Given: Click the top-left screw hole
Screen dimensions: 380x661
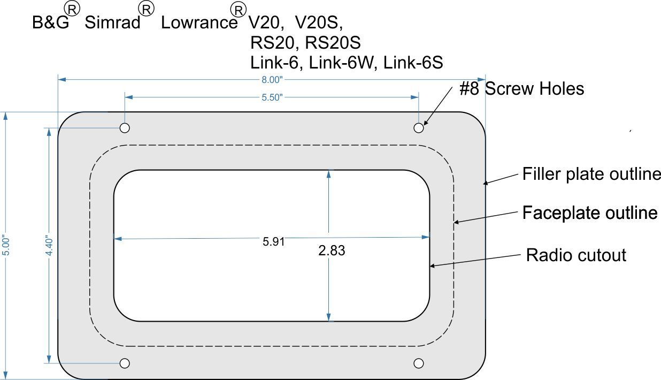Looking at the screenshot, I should (x=125, y=128).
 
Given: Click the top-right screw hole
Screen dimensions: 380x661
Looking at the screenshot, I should (x=419, y=128).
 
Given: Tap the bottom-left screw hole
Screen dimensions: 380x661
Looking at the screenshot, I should (x=125, y=363).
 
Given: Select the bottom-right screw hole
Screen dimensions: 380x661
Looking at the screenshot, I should (x=419, y=363).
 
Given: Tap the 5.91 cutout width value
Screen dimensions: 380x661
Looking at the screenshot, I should (x=273, y=241).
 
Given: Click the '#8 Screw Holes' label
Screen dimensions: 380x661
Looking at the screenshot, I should (x=521, y=88).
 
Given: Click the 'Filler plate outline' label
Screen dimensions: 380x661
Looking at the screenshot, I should (x=591, y=174).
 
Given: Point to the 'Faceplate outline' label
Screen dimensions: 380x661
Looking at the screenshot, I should (x=589, y=213).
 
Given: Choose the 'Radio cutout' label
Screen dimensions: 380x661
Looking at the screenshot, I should (x=575, y=255).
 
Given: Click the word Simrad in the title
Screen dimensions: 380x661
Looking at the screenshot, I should (x=112, y=23).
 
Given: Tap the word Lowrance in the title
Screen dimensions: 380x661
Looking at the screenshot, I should (x=199, y=23).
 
